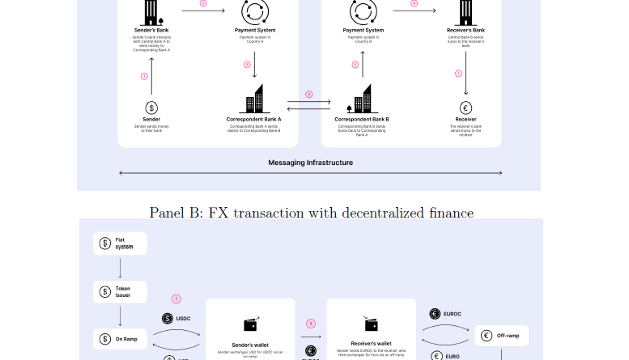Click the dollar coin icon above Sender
(151, 108)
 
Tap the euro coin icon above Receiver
(465, 108)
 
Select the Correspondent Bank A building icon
(253, 100)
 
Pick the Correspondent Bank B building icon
(362, 100)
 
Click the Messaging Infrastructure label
(311, 163)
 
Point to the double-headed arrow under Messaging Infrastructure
(311, 173)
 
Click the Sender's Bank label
(151, 30)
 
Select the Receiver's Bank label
(465, 30)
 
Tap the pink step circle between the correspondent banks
(308, 94)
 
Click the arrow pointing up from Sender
(151, 75)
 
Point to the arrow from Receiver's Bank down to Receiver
(465, 75)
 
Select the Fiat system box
(120, 243)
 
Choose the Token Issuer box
(120, 291)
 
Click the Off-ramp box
(501, 335)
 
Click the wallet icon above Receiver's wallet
(371, 324)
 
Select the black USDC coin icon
(168, 318)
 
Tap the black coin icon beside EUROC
(434, 314)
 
